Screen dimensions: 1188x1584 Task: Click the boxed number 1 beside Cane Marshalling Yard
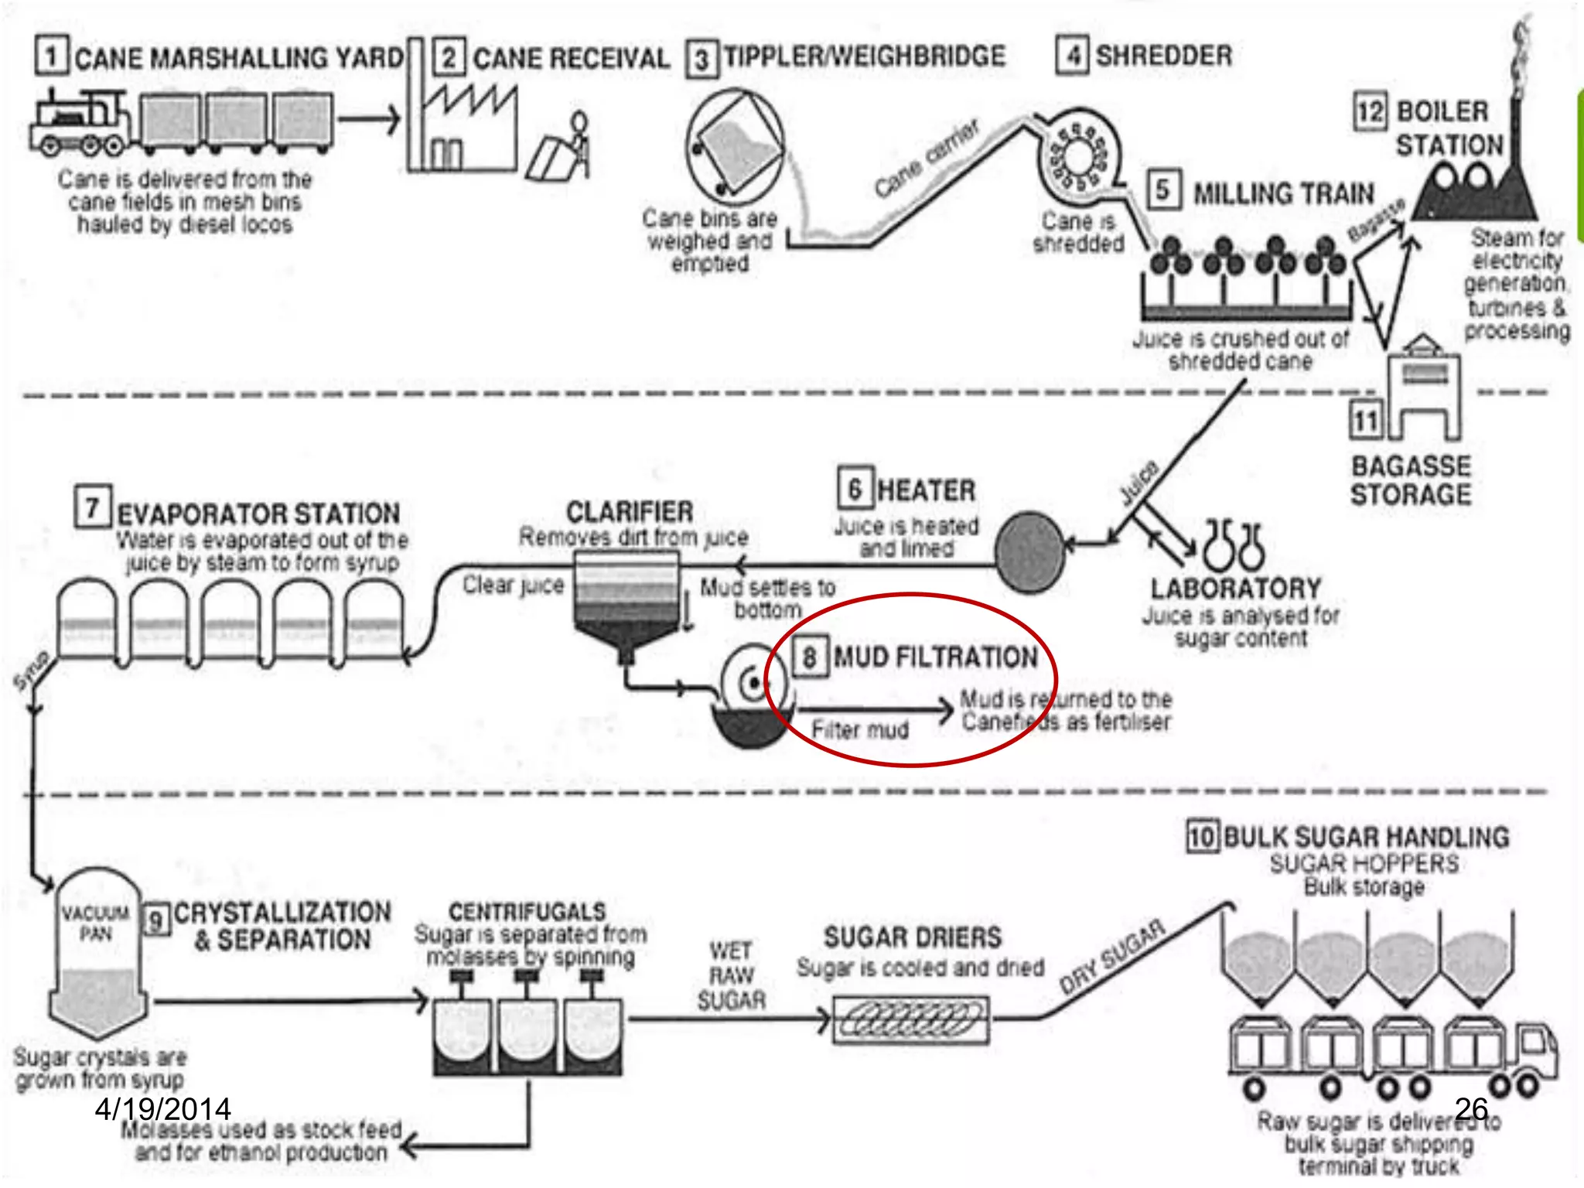point(52,56)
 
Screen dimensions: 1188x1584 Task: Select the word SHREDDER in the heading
point(1164,56)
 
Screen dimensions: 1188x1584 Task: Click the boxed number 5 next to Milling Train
point(1162,190)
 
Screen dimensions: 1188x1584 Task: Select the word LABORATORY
point(1236,589)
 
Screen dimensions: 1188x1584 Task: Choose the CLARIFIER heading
point(630,512)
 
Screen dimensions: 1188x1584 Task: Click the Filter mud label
point(860,730)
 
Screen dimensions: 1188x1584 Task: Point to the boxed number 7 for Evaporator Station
point(93,507)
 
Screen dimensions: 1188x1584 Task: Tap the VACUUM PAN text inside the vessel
point(96,923)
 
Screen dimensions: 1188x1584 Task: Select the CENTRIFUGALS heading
point(527,911)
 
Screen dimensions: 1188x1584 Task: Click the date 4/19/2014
point(162,1109)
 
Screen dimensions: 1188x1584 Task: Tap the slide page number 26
point(1471,1109)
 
